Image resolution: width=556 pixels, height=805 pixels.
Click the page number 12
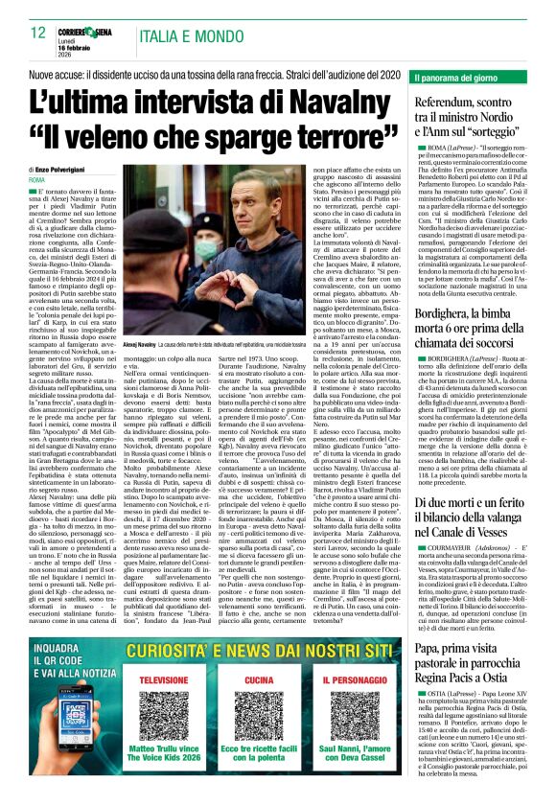pyautogui.click(x=38, y=33)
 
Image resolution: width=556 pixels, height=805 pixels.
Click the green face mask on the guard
pyautogui.click(x=209, y=252)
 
